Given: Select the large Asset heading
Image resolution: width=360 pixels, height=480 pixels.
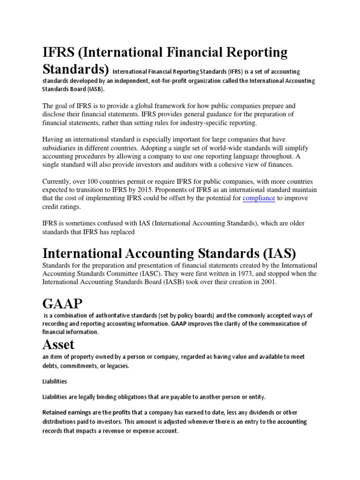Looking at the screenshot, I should (59, 345).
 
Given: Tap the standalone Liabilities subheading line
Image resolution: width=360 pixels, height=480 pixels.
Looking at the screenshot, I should (55, 382).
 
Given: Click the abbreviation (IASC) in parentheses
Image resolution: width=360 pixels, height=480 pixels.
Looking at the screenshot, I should (148, 274).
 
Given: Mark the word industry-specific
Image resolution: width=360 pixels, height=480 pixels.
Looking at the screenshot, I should (203, 123).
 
